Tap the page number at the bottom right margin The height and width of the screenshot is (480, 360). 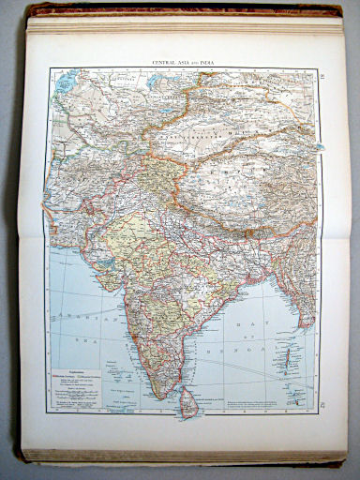click(321, 404)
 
